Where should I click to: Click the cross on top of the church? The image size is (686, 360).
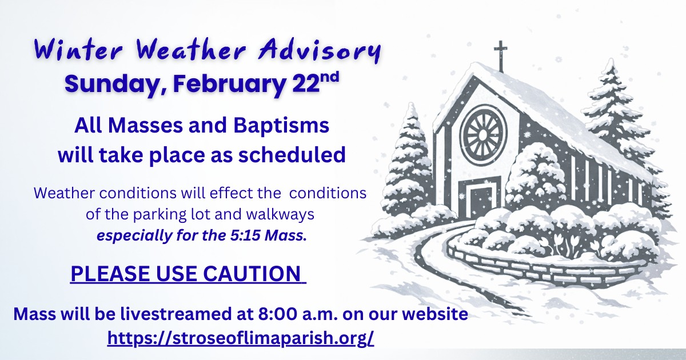(x=500, y=57)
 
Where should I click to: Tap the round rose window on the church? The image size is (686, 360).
(x=483, y=135)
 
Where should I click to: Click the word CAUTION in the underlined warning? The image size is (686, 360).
(x=252, y=273)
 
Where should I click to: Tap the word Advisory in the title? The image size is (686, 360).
(x=319, y=51)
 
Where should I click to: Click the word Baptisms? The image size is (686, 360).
(x=281, y=125)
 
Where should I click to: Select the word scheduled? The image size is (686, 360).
(x=292, y=155)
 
